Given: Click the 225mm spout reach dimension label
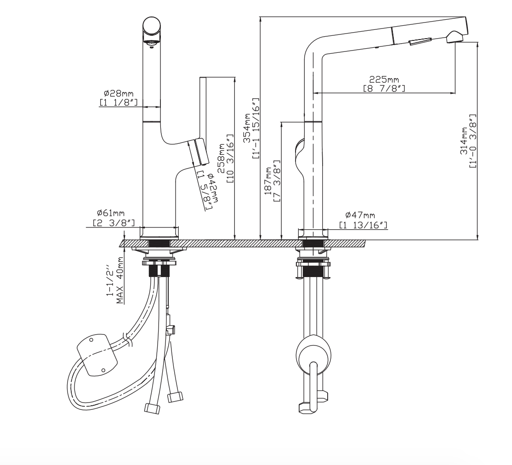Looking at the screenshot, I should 383,79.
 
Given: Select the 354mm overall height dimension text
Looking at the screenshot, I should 247,128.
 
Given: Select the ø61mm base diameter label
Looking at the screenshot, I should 110,214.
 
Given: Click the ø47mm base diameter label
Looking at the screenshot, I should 360,215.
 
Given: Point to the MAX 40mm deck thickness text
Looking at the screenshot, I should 120,280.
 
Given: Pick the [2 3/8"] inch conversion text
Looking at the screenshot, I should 110,223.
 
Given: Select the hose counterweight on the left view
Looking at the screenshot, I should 97,355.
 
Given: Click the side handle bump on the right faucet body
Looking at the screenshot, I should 298,149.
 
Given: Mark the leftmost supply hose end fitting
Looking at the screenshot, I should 152,408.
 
